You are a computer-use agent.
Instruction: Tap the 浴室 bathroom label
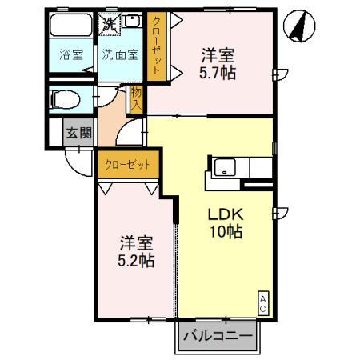point(71,55)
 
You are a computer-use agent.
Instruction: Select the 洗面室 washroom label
point(120,55)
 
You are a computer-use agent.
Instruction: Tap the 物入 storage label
point(137,99)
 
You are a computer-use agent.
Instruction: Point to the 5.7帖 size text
point(218,71)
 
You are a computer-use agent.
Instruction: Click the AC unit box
point(262,302)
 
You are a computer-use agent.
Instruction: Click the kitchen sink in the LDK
point(225,169)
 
